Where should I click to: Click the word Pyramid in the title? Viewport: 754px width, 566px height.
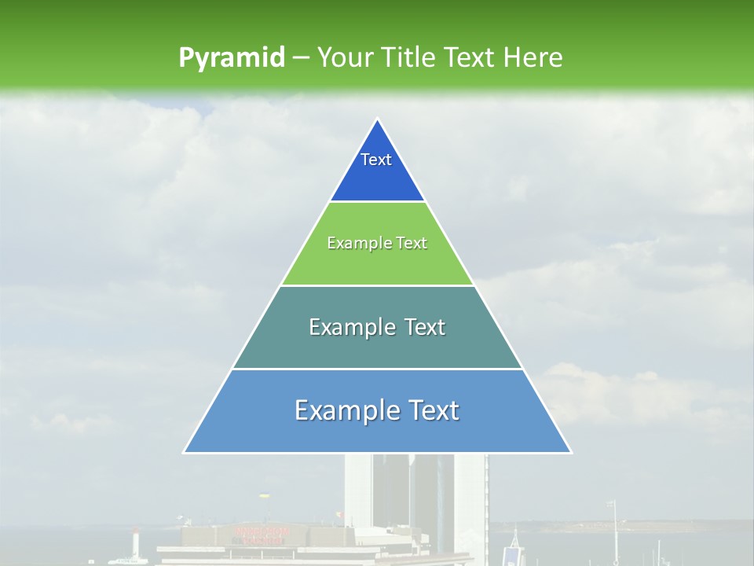[x=231, y=58]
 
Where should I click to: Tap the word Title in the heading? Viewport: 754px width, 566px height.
[x=408, y=57]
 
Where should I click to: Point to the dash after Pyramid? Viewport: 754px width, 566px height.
[x=301, y=58]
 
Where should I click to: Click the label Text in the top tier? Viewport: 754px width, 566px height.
[x=376, y=160]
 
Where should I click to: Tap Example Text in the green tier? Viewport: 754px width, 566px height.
[x=377, y=243]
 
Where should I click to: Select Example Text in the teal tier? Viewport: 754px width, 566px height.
[x=377, y=327]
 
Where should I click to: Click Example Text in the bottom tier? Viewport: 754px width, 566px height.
[x=377, y=410]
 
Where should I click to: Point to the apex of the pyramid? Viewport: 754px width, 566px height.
[x=378, y=119]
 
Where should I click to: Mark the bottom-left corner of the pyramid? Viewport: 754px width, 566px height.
[x=185, y=452]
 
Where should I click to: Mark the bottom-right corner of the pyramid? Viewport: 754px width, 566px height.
[x=570, y=452]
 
